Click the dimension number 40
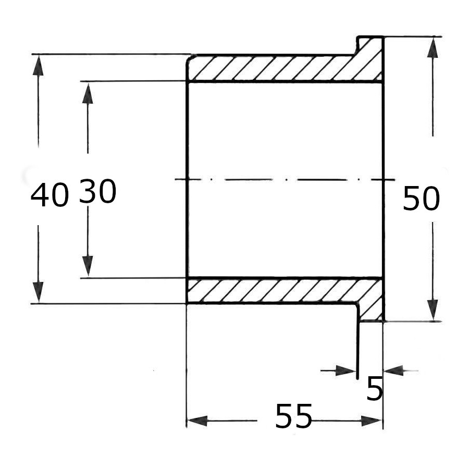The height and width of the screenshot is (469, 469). point(50,195)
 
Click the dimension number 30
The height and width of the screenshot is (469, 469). point(98,191)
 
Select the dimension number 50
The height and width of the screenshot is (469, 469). point(421,199)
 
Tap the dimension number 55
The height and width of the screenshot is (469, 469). point(293,416)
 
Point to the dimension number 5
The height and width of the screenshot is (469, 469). point(375,388)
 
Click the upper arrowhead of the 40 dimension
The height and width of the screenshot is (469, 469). point(38,65)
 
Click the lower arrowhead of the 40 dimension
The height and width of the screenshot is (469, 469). point(38,292)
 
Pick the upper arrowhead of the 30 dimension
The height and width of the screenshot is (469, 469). point(88,93)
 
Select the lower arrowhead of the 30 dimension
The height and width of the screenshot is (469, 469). point(88,266)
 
